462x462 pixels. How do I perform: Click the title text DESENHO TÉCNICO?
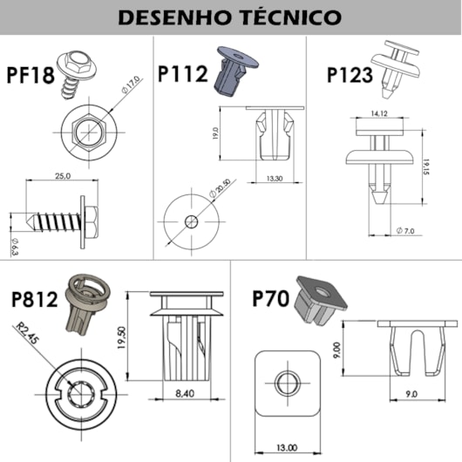click(230, 17)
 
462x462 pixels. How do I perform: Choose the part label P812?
click(35, 301)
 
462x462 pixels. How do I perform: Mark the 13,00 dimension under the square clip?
click(285, 447)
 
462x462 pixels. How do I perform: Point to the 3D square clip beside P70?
click(317, 302)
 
